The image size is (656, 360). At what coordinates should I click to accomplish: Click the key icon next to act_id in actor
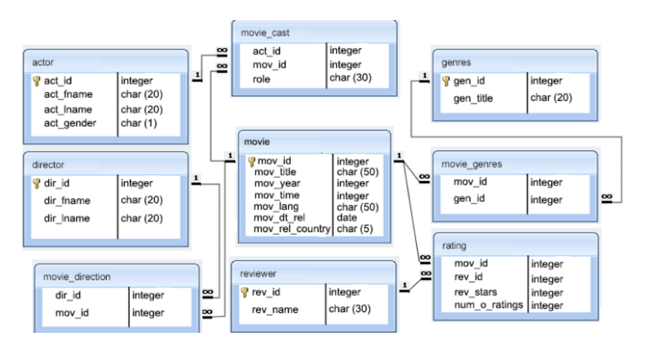[x=37, y=81]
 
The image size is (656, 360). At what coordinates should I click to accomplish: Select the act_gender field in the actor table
[x=70, y=123]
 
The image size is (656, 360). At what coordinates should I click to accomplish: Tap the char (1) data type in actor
[x=138, y=123]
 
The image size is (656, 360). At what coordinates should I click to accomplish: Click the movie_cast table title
[x=265, y=32]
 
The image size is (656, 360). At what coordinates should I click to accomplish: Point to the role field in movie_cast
[x=261, y=79]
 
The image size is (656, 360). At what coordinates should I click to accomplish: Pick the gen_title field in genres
[x=473, y=98]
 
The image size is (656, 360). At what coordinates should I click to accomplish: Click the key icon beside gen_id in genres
[x=446, y=81]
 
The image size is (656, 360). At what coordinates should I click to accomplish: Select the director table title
[x=48, y=165]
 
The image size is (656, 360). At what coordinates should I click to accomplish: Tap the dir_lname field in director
[x=67, y=218]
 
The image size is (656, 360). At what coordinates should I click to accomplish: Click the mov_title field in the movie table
[x=275, y=172]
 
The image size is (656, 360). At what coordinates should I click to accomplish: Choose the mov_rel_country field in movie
[x=292, y=229]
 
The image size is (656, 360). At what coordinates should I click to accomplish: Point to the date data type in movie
[x=347, y=218]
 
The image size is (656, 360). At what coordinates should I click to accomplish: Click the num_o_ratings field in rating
[x=488, y=305]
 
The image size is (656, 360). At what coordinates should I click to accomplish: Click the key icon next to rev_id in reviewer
[x=244, y=292]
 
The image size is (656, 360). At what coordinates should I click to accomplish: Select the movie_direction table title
[x=77, y=277]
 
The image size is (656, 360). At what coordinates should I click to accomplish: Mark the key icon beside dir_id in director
[x=37, y=184]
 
